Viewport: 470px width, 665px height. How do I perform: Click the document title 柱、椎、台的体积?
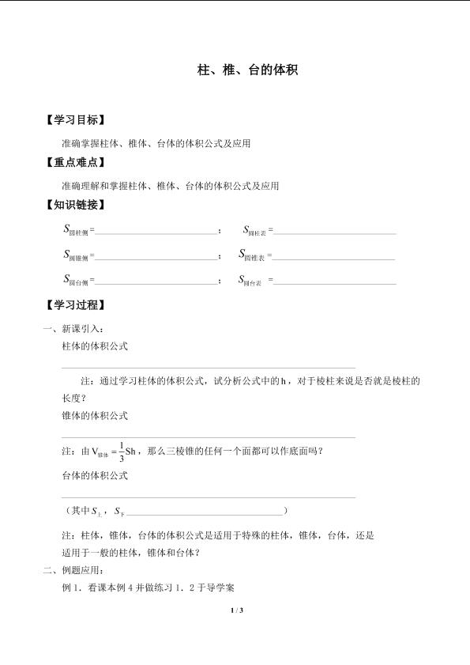pos(246,70)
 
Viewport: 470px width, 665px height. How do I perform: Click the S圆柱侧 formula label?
pos(77,231)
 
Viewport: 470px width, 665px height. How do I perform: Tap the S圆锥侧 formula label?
pos(77,255)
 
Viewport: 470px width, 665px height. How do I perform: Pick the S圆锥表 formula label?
pos(253,255)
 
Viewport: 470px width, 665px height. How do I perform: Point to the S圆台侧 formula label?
pos(77,280)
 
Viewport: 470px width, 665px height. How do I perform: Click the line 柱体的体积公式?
pos(94,346)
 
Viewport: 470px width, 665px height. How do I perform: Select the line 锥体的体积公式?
pos(94,415)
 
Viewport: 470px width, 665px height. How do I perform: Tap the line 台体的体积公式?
pos(94,476)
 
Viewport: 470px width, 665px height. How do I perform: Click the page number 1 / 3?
pos(235,610)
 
